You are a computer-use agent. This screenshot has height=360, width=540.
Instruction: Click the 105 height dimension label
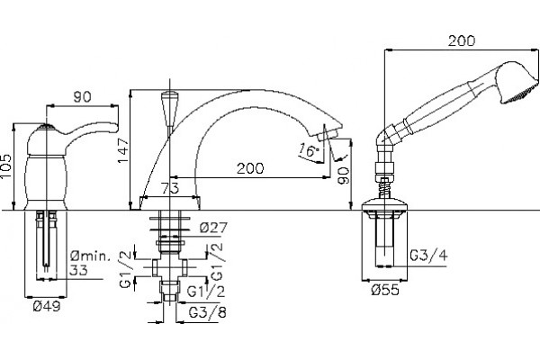click(6, 166)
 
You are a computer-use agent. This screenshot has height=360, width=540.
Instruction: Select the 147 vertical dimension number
click(123, 151)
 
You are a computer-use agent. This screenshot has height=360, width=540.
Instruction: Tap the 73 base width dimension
click(170, 188)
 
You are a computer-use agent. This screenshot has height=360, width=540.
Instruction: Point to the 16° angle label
click(309, 150)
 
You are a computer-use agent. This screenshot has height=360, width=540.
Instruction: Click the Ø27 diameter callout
click(213, 228)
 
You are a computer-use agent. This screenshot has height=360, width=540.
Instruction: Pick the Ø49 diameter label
click(47, 306)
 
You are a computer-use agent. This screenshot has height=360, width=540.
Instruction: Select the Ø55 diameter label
click(385, 290)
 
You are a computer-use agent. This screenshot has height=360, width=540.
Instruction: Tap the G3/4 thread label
click(429, 256)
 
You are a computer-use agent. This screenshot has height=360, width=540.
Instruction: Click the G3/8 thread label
click(208, 312)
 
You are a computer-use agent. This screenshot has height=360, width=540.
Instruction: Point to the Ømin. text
click(91, 256)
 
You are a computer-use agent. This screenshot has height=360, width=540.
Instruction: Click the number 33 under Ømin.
click(78, 270)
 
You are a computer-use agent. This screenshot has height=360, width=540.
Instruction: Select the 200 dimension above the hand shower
click(462, 40)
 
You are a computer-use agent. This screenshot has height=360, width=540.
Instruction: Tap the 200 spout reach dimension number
click(250, 168)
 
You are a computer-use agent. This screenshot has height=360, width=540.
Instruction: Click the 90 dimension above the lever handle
click(83, 97)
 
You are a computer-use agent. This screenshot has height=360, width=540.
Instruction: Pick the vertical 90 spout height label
click(344, 175)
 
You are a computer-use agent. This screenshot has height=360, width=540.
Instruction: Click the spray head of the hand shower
click(517, 83)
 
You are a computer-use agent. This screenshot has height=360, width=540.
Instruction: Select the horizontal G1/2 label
click(206, 292)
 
